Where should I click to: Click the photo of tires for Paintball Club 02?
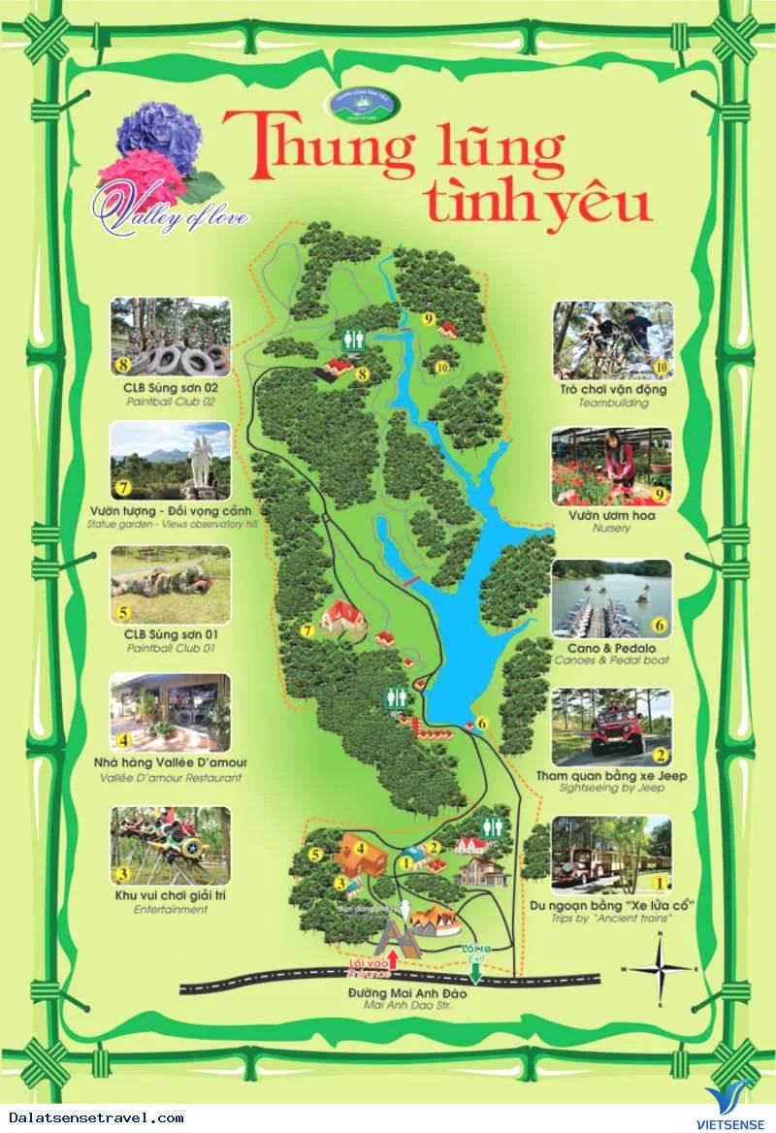tap(171, 337)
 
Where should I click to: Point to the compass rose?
tap(660, 968)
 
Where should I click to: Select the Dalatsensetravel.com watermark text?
tap(92, 1118)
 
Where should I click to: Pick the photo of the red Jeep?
tap(611, 727)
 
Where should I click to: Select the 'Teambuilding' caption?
tap(611, 403)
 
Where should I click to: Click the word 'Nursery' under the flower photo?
tap(611, 529)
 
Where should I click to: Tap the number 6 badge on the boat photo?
tap(660, 626)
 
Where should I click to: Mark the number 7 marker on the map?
tap(307, 631)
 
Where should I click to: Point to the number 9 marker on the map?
tap(427, 317)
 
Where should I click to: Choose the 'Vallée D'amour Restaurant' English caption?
tap(171, 778)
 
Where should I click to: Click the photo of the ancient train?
tap(611, 855)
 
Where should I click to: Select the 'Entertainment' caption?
tap(171, 910)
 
